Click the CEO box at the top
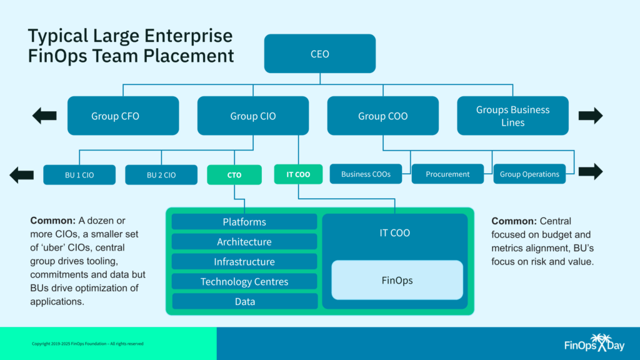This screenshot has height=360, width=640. (319, 54)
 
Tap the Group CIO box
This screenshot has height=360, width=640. (252, 116)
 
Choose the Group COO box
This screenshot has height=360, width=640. (382, 116)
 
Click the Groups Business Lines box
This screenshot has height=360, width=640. (512, 116)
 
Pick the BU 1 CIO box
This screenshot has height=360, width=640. (79, 175)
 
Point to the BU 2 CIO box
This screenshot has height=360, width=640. (161, 175)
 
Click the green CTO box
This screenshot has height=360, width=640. (234, 175)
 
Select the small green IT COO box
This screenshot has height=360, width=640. (298, 174)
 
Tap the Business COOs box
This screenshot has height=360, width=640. (366, 174)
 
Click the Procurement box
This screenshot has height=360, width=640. (447, 174)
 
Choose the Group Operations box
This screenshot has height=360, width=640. (529, 174)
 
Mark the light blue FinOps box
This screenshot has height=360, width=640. (397, 280)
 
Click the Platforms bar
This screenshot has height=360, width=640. (244, 222)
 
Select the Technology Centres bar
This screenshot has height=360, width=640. (244, 281)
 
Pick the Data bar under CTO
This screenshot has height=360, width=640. (244, 301)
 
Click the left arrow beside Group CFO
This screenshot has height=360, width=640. (44, 116)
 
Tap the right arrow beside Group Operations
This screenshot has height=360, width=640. (591, 171)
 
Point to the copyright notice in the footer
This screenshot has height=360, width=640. (88, 344)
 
